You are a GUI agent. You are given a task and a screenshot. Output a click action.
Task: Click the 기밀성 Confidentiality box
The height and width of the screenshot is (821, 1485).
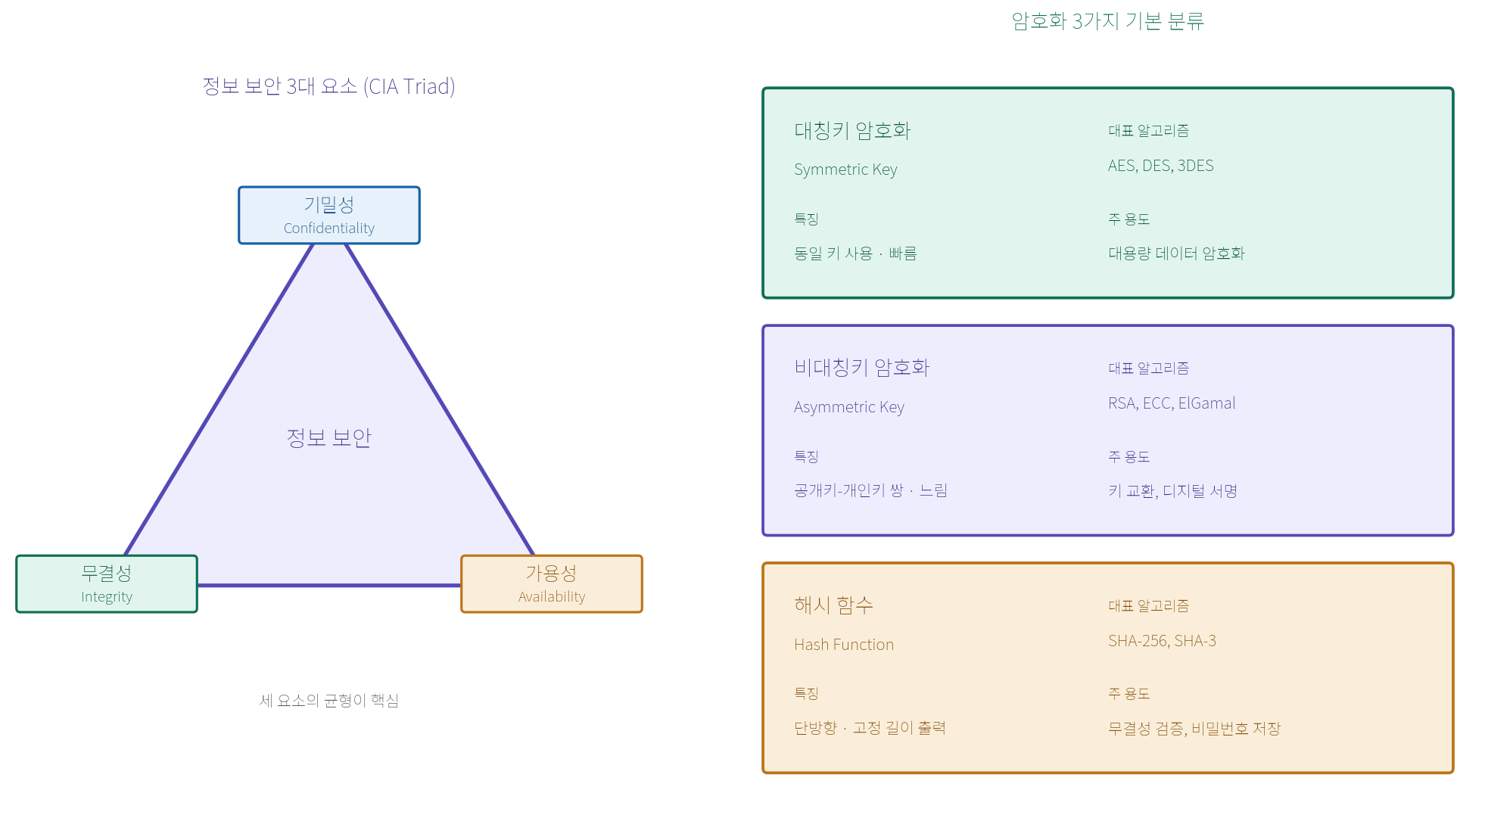329,216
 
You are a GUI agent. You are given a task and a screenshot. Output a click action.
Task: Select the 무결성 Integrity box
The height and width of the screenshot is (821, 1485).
107,584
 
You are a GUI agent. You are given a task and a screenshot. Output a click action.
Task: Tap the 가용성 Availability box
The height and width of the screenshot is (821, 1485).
552,584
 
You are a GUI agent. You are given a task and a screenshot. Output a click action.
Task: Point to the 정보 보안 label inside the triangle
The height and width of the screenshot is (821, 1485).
329,438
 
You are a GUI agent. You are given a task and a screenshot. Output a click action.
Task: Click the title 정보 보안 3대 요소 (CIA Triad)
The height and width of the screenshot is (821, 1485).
329,86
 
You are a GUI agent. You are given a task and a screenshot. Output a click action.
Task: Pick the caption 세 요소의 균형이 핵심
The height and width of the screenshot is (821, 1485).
329,701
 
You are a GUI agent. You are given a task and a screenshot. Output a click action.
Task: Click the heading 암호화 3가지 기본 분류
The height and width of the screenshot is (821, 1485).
1108,21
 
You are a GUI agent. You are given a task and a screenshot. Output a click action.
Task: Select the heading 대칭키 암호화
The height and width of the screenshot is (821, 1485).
852,131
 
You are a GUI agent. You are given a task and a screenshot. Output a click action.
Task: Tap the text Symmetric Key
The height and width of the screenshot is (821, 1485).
845,169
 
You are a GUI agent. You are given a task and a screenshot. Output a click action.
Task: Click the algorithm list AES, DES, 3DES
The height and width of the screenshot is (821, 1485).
1161,166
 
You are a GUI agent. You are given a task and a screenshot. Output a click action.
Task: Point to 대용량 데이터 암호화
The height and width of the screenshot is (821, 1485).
1176,253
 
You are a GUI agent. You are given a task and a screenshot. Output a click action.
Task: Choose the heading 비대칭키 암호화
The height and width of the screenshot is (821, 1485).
861,368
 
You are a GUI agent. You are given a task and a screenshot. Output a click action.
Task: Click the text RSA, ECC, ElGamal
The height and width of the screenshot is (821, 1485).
1172,403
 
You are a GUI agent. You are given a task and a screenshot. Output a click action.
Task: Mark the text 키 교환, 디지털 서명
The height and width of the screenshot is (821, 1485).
1172,491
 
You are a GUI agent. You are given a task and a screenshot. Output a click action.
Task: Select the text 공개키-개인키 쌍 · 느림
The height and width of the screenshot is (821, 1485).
870,490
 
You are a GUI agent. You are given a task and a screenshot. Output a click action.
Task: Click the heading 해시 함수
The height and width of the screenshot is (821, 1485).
833,605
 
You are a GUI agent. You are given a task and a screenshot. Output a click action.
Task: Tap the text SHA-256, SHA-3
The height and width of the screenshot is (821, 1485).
1162,641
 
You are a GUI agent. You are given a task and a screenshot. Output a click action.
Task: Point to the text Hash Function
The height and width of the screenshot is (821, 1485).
844,645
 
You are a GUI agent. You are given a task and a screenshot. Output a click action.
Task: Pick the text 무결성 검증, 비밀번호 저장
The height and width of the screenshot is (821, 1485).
1194,729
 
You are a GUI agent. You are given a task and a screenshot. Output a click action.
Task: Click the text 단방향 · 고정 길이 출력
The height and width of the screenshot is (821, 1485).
870,728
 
